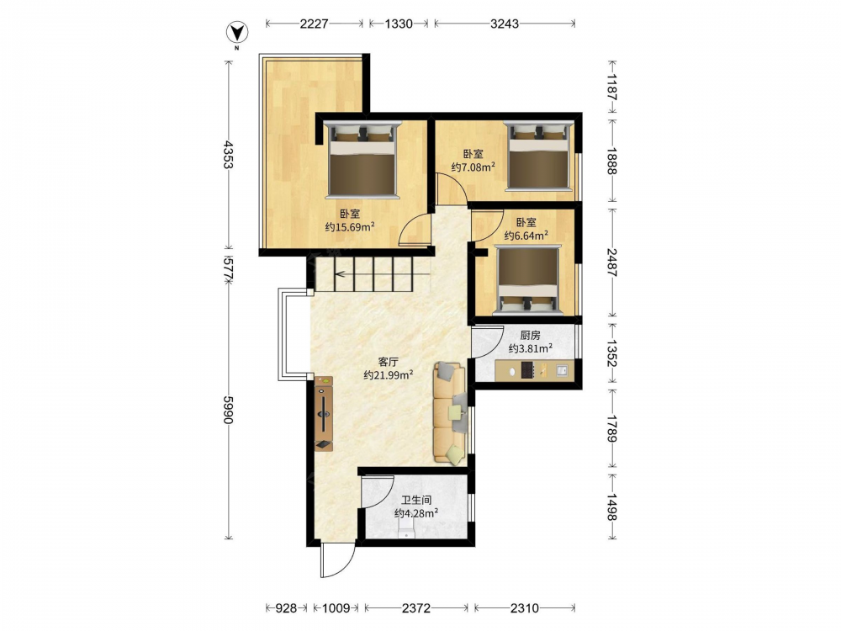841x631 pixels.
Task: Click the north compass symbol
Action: tap(236, 34)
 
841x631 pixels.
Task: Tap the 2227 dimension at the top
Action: tap(314, 24)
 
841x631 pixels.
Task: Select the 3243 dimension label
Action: tap(504, 24)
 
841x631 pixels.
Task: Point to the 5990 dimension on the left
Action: tap(228, 410)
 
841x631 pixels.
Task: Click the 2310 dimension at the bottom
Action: tap(524, 608)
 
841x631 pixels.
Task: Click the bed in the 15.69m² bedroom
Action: tap(363, 159)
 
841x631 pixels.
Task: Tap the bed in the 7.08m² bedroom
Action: tap(539, 156)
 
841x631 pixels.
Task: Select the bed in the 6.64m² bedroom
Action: tap(529, 279)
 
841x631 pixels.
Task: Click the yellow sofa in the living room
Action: tap(449, 412)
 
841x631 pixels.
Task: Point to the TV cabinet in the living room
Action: tap(324, 413)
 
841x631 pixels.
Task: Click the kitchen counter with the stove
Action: tap(534, 370)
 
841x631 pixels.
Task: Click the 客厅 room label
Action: tap(388, 362)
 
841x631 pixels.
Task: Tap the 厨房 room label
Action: tap(530, 336)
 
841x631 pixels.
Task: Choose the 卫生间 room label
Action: tap(416, 500)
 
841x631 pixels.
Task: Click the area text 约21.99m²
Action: tap(389, 375)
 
